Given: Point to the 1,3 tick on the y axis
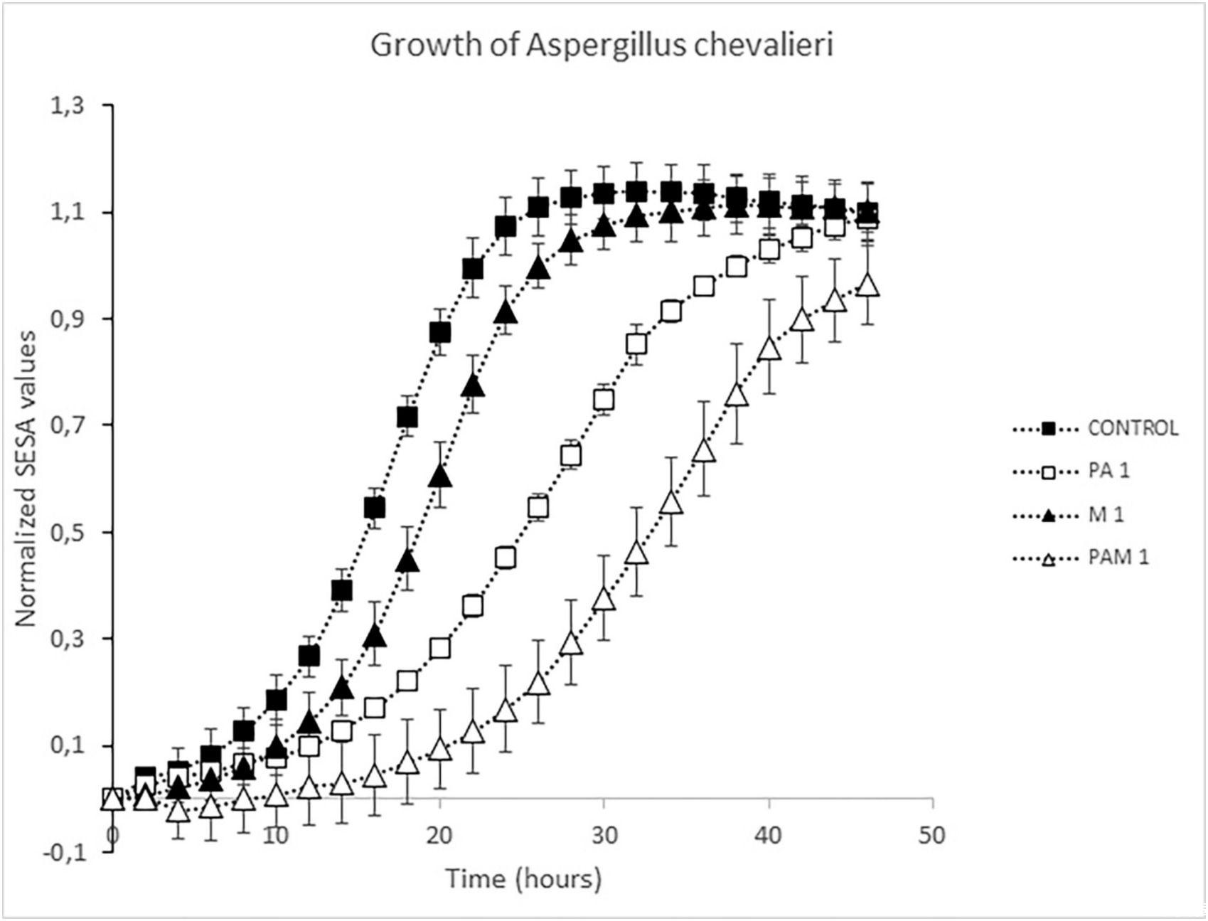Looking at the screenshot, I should (66, 106).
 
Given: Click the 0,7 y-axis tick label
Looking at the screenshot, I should (66, 425).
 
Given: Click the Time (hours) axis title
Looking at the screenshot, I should (524, 879).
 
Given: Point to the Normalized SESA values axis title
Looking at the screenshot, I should (26, 478).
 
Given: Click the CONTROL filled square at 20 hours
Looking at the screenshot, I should (439, 333).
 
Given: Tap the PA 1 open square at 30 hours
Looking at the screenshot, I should (604, 400).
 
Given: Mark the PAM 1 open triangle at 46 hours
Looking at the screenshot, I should (867, 285).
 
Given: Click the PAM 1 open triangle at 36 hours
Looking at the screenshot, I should (703, 451).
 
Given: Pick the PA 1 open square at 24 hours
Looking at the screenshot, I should (506, 558).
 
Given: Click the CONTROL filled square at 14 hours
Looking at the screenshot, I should (341, 590).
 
